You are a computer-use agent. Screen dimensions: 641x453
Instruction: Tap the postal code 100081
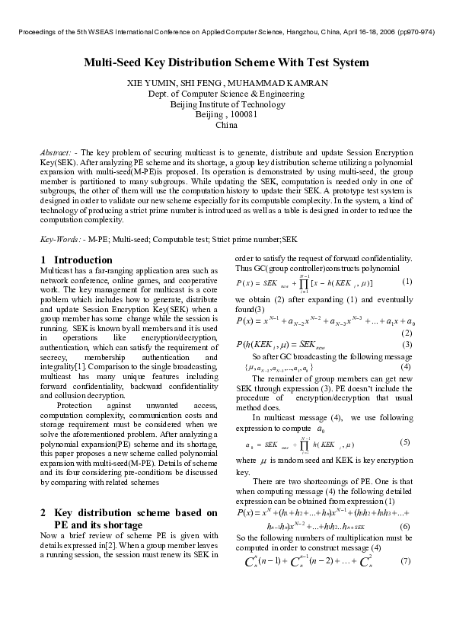tap(240, 113)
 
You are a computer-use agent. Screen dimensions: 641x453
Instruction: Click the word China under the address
tap(226, 124)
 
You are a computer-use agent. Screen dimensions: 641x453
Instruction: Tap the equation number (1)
tap(407, 282)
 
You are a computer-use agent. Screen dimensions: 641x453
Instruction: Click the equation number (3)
tap(407, 345)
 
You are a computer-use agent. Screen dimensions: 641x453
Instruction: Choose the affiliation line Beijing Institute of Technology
tap(226, 104)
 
